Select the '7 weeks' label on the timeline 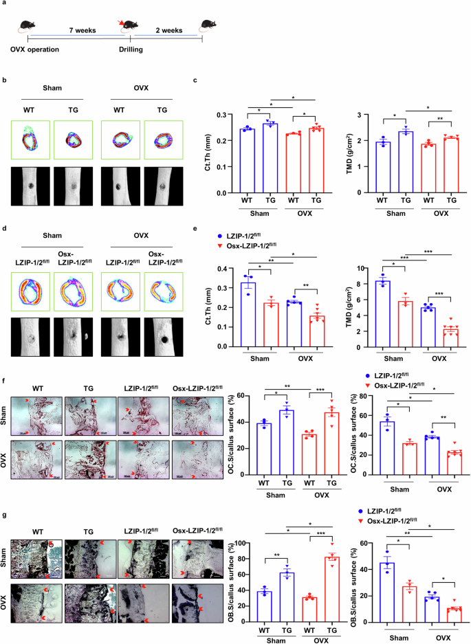click(80, 30)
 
